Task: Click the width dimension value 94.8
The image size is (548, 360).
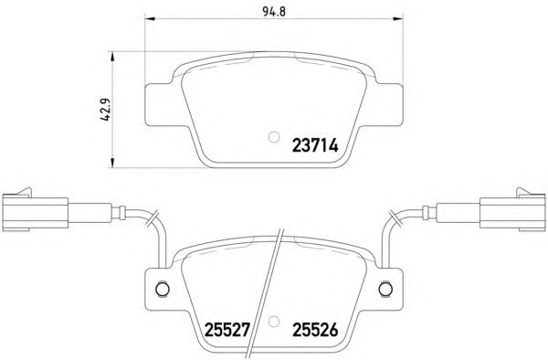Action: [274, 12]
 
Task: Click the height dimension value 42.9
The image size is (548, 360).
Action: [105, 110]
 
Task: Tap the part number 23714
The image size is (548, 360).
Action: [315, 145]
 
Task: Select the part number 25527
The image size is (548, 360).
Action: [227, 330]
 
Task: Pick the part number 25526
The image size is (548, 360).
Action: [315, 330]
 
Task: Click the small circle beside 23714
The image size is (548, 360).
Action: [274, 137]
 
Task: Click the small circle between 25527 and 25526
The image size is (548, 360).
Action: [274, 322]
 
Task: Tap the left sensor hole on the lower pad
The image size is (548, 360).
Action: [163, 289]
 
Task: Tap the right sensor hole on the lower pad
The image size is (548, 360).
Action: [385, 289]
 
